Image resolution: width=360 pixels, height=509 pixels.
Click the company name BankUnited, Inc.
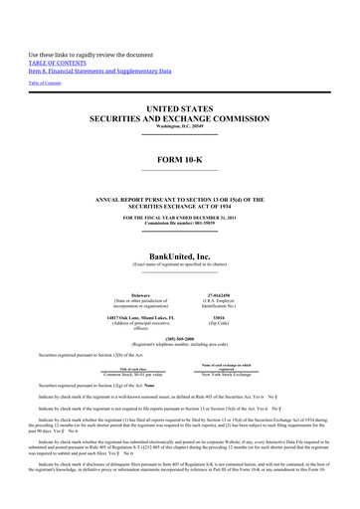pyautogui.click(x=179, y=227)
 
